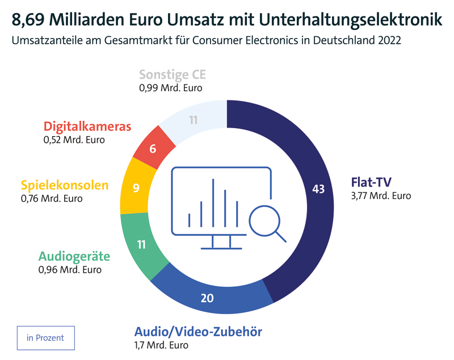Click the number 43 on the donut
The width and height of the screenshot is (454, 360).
318,189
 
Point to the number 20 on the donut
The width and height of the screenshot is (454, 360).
208,298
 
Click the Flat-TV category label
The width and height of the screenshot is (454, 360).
372,183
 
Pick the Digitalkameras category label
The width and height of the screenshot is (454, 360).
87,126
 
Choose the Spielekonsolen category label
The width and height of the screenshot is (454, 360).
64,185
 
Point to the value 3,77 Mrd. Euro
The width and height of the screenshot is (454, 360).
381,196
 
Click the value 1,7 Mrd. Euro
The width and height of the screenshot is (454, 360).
161,345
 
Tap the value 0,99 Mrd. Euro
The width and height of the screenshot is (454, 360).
170,88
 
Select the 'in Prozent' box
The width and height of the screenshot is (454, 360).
45,338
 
